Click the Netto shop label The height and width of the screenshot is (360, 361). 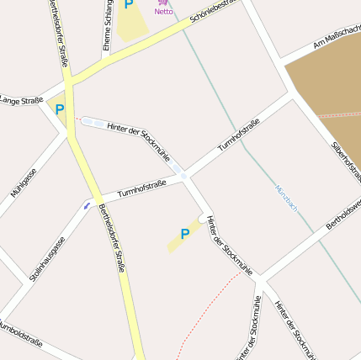(x=163, y=12)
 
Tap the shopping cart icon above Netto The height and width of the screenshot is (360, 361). (x=162, y=3)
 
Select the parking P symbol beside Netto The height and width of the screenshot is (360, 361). (x=129, y=4)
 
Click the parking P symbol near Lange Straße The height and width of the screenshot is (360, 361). (x=60, y=109)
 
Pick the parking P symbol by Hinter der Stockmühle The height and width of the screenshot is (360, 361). (x=185, y=234)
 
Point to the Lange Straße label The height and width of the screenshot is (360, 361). (x=21, y=101)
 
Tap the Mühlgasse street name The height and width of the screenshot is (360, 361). (x=24, y=184)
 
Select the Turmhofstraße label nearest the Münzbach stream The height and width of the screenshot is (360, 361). (x=239, y=135)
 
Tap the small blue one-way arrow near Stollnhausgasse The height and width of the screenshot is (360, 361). (x=87, y=204)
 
